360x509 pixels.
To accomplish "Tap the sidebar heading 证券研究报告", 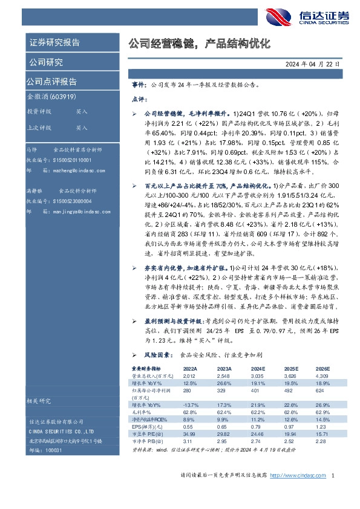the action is point(54,43).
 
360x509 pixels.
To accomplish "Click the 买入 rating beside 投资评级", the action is point(82,112).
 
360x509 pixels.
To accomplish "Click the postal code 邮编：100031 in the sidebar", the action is point(46,451).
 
